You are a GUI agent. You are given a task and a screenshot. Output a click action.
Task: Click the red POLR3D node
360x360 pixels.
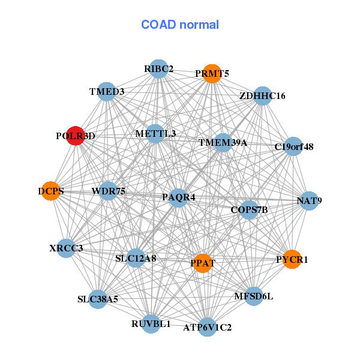pyautogui.click(x=76, y=136)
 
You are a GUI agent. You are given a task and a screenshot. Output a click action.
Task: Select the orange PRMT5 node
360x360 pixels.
pyautogui.click(x=212, y=73)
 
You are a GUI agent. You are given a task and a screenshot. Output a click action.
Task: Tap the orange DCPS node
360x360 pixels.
pyautogui.click(x=51, y=191)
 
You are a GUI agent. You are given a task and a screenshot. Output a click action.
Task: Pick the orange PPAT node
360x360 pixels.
pyautogui.click(x=203, y=263)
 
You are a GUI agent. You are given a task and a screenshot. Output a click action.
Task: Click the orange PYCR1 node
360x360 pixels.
pyautogui.click(x=292, y=259)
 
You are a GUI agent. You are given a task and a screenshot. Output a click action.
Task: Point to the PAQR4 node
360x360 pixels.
pyautogui.click(x=178, y=198)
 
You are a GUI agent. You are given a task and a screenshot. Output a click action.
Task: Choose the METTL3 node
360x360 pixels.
pyautogui.click(x=155, y=134)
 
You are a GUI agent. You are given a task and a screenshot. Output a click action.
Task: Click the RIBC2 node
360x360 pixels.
pyautogui.click(x=158, y=69)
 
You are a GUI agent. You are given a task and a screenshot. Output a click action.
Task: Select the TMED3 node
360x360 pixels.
pyautogui.click(x=107, y=91)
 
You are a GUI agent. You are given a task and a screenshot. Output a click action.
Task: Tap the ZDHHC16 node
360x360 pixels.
pyautogui.click(x=263, y=96)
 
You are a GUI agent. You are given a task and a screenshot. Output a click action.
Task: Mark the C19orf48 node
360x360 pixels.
pyautogui.click(x=293, y=146)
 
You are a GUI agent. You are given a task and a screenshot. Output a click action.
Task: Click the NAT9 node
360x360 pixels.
pyautogui.click(x=309, y=200)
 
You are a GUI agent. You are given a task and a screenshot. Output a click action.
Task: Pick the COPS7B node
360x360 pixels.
pyautogui.click(x=249, y=209)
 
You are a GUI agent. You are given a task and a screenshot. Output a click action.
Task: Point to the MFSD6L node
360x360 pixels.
pyautogui.click(x=254, y=296)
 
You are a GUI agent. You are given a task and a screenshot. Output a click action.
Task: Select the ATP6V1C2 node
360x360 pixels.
pyautogui.click(x=208, y=327)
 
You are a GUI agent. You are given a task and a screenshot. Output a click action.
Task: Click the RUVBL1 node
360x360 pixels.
pyautogui.click(x=151, y=324)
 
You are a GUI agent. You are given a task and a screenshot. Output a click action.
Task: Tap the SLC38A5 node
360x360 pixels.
pyautogui.click(x=98, y=299)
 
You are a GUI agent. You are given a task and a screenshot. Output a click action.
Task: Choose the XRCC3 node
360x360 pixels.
pyautogui.click(x=66, y=248)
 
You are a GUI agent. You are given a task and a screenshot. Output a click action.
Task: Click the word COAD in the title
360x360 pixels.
pyautogui.click(x=158, y=25)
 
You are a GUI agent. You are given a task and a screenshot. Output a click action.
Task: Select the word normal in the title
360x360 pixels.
pyautogui.click(x=199, y=25)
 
